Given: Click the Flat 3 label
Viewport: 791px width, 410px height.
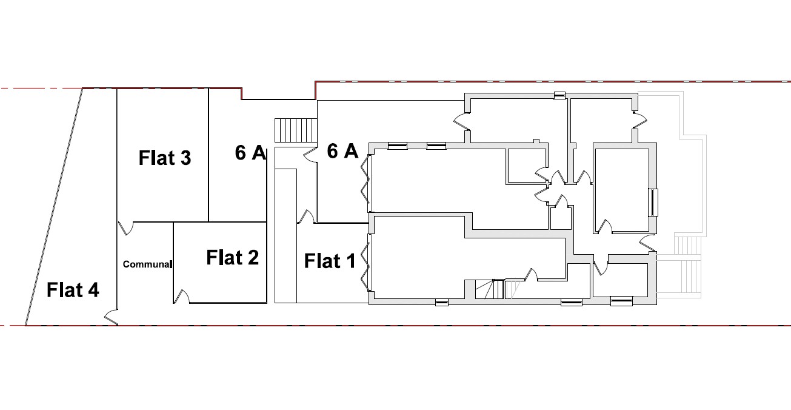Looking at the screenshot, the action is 164,158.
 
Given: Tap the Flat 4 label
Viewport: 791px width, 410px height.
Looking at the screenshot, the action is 73,290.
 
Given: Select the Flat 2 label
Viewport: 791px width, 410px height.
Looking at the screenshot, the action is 232,257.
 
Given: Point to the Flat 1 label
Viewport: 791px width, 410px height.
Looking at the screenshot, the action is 330,261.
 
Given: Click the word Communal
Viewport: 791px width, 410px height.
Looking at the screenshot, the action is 147,264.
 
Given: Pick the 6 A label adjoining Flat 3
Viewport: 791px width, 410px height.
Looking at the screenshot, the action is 250,153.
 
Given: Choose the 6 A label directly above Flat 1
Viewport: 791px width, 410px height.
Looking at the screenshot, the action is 342,151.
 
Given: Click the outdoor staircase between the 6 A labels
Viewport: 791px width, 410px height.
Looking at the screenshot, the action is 296,130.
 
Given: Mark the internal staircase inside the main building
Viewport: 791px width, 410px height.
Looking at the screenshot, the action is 489,289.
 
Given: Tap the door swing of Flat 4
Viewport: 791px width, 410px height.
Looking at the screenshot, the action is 111,317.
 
